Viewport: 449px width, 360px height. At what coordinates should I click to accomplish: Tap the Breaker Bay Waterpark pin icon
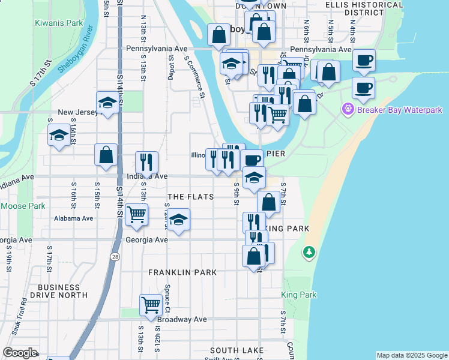click(347, 110)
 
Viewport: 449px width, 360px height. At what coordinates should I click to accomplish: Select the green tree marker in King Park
click(309, 252)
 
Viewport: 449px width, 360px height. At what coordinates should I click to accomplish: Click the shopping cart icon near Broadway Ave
click(150, 304)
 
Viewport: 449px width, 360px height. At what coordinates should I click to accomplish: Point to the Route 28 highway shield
click(115, 256)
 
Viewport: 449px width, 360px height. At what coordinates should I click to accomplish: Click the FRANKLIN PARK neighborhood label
click(182, 272)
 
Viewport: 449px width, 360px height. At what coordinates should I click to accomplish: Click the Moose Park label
click(23, 206)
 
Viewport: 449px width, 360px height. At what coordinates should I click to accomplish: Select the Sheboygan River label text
click(74, 52)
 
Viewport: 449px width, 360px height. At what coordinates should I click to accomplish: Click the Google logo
click(20, 353)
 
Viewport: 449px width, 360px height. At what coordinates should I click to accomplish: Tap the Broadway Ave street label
click(181, 320)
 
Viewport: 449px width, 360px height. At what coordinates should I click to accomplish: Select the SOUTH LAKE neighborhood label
click(237, 350)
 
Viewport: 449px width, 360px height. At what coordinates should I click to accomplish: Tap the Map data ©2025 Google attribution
click(412, 355)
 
